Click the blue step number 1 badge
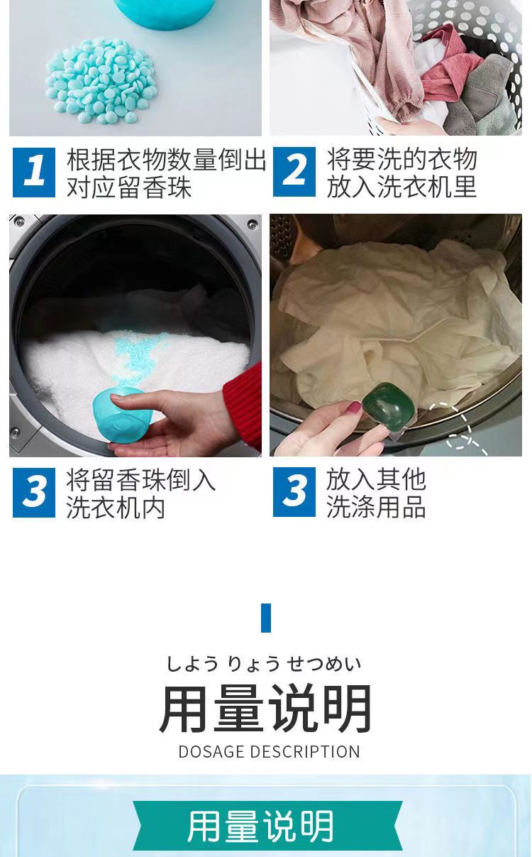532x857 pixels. click(x=34, y=173)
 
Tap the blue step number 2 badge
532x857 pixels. click(x=294, y=172)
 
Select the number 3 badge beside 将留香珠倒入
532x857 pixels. click(x=34, y=493)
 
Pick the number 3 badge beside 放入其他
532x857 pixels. click(x=294, y=492)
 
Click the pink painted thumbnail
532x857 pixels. click(x=354, y=407)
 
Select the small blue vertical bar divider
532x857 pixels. click(x=266, y=618)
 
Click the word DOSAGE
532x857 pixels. click(x=211, y=752)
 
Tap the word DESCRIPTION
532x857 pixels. click(x=304, y=752)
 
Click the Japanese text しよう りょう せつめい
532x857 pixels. click(x=264, y=664)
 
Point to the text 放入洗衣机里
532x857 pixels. click(x=401, y=187)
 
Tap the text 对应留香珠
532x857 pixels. click(x=129, y=187)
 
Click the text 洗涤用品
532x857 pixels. click(x=376, y=507)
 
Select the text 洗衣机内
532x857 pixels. click(x=116, y=508)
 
